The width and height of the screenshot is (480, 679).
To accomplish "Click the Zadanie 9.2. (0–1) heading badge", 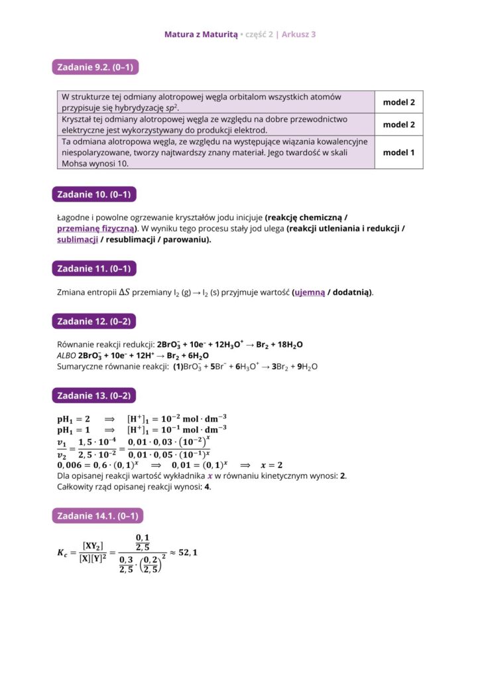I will [x=95, y=67].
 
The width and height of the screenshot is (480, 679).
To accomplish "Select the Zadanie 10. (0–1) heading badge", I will [x=93, y=194].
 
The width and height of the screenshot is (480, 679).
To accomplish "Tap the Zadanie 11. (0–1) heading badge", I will [x=93, y=269].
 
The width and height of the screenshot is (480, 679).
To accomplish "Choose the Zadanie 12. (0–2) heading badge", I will [x=93, y=322].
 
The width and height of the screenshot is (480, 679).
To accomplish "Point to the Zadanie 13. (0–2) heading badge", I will [x=93, y=396].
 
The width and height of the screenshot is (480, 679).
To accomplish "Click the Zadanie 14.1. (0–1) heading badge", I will [x=97, y=516].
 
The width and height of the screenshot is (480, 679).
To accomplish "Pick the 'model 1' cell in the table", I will [x=398, y=153].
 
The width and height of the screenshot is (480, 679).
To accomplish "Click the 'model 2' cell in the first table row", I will [x=398, y=103].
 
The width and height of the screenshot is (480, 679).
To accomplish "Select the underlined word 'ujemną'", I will [x=310, y=292].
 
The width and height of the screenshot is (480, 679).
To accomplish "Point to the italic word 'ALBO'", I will [x=66, y=355].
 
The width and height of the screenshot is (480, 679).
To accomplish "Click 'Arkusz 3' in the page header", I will [x=298, y=34].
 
